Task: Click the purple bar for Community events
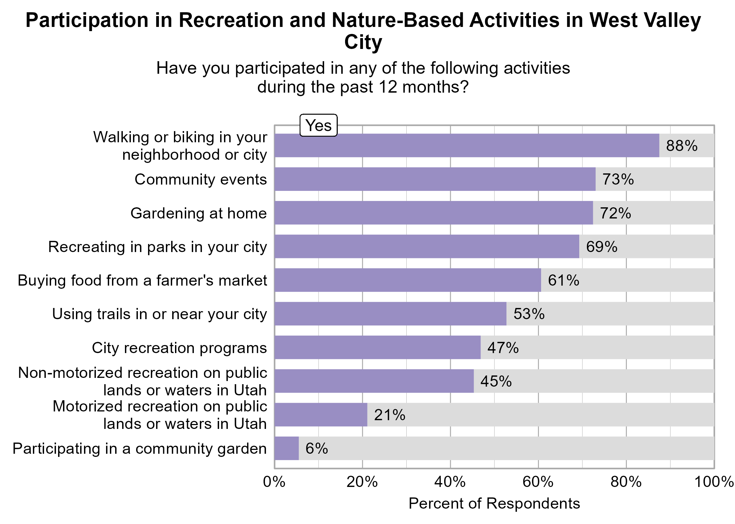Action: coord(435,179)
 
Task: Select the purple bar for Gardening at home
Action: coord(433,213)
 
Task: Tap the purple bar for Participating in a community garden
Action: coord(286,448)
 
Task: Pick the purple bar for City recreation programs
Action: coord(377,347)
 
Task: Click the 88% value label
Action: coord(681,146)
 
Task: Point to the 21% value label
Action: coord(390,415)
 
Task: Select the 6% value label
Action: coord(316,448)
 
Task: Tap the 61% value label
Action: coord(563,280)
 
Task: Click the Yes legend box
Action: coord(318,125)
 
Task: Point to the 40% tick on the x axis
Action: coord(450,482)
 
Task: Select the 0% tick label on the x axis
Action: coord(274,482)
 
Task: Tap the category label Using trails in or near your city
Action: coord(159,314)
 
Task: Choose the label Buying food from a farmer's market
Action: coord(142,280)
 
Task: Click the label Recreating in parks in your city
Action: coord(157,247)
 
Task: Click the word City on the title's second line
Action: coord(363,42)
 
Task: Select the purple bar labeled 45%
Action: coord(374,381)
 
